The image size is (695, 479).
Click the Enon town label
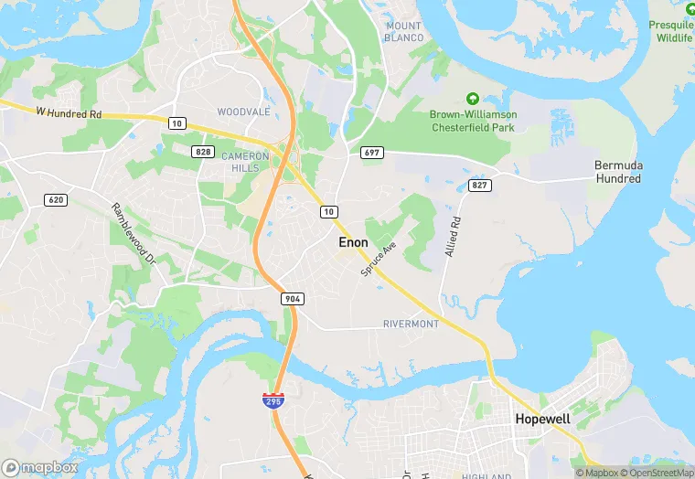click(x=353, y=242)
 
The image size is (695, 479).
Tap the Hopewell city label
click(x=542, y=419)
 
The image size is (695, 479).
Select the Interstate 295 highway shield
click(x=273, y=399)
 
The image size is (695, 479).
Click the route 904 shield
click(x=293, y=298)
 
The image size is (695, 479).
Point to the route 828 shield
click(x=202, y=151)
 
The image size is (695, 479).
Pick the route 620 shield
click(x=54, y=199)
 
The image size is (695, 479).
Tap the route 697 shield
click(x=370, y=152)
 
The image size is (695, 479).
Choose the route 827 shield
click(x=480, y=185)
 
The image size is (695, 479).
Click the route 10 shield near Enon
click(x=328, y=211)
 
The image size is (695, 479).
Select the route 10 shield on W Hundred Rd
click(x=177, y=122)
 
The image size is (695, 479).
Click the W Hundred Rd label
click(x=69, y=113)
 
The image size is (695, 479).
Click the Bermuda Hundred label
click(x=618, y=172)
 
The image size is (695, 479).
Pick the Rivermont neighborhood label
click(x=411, y=325)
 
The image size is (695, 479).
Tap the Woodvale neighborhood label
click(x=243, y=112)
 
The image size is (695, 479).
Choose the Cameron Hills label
click(x=245, y=162)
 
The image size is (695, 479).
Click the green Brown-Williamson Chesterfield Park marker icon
click(x=473, y=98)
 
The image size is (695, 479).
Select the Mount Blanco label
click(x=403, y=32)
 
